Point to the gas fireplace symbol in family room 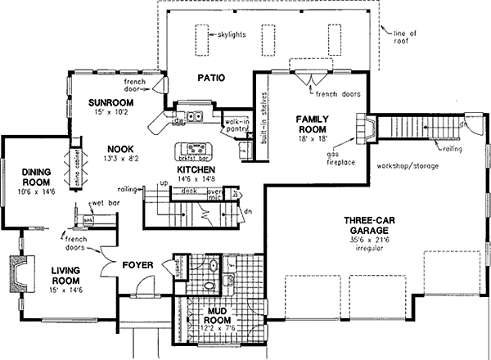coord(363,128)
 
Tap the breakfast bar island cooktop coord(193,150)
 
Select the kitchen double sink coord(191,118)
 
